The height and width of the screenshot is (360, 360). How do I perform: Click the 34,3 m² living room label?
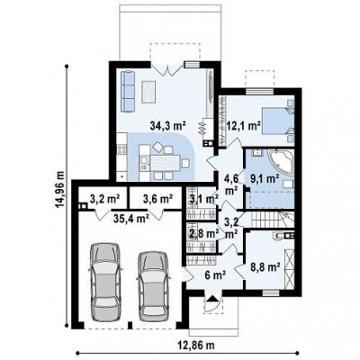pos(168,126)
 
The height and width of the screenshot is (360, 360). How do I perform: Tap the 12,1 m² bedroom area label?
pos(243,125)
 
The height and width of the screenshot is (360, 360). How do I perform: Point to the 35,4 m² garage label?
pos(131,219)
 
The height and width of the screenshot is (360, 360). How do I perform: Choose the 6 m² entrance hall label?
pos(215,274)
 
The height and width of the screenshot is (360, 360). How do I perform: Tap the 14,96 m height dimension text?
pos(59,189)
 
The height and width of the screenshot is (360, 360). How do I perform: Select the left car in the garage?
pos(106,283)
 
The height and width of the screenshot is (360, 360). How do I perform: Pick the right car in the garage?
pos(154,287)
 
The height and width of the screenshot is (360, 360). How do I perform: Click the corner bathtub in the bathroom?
pos(281,162)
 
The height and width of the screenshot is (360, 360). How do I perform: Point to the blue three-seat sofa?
pos(128,91)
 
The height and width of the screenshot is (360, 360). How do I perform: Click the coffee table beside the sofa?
pos(148,92)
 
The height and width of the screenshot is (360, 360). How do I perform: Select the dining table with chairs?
pos(165,162)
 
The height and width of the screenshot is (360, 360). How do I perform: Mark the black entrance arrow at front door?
pos(212,298)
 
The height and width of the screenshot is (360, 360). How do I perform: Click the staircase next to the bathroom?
pos(269,220)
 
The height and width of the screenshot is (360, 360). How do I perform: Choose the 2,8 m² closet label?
pos(202,233)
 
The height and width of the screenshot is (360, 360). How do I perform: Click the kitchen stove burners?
pos(122,149)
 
